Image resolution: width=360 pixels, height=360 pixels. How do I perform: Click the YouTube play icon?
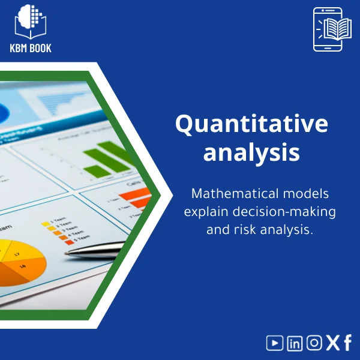pos(275,343)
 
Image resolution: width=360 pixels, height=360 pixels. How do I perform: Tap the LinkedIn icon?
pos(295,343)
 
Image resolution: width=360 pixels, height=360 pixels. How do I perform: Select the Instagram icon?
pos(314,343)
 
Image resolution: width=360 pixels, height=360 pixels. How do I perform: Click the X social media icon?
pos(332,343)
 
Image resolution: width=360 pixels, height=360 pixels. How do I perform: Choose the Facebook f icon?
pos(347,343)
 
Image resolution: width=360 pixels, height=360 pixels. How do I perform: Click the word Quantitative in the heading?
pos(251,125)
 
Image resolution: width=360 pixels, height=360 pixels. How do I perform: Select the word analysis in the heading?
pos(251,152)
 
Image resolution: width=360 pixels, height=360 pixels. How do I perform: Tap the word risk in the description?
pos(243,230)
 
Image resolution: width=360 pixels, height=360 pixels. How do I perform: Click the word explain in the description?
pos(208,212)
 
